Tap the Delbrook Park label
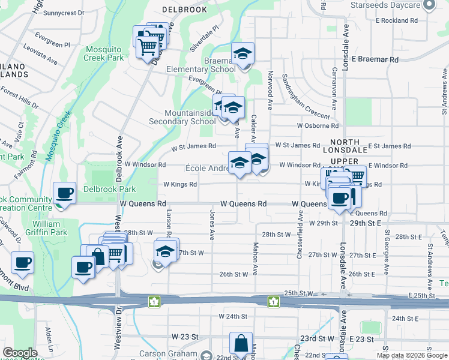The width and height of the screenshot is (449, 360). pos(110,189)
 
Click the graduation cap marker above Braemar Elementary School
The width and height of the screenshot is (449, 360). pos(243,55)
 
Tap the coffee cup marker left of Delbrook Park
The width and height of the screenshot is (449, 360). pos(64,194)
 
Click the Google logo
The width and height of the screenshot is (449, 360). pos(20,353)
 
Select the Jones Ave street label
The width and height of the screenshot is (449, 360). pos(212,222)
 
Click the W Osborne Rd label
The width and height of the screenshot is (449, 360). pos(318,126)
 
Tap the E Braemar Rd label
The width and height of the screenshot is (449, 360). pos(375,59)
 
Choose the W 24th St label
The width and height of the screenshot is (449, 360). pos(234,316)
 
